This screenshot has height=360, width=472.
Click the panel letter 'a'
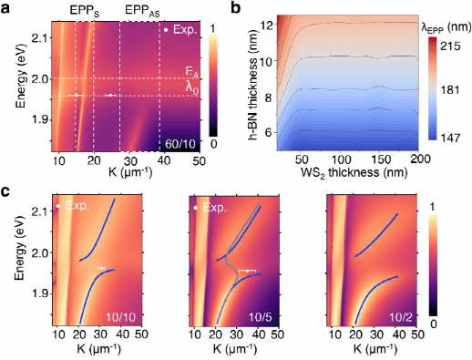pos(6,8)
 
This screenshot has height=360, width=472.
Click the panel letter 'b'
pos(236,7)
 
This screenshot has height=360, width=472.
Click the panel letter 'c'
pos(5,192)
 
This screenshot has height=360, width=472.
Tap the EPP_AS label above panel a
pos(142,12)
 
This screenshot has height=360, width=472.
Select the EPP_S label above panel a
pos(85,12)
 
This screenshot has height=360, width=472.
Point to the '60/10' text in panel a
pos(180,143)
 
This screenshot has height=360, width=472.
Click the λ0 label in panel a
pos(192,88)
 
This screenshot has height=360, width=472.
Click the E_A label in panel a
pos(191,72)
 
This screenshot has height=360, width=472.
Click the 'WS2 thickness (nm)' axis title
pos(354,173)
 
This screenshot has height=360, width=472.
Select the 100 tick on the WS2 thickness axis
pos(341,159)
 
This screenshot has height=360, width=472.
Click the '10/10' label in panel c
pos(120,317)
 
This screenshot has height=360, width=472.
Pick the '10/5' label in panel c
pos(261,317)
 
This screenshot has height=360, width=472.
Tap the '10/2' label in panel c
pos(401,317)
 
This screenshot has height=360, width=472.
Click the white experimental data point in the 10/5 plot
pos(248,271)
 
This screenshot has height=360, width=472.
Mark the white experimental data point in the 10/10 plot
pos(102,268)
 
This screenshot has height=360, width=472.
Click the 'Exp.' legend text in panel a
pos(185,30)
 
